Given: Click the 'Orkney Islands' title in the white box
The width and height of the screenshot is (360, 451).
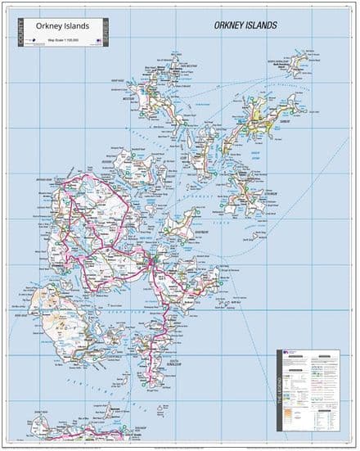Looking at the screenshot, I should point(61,25).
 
